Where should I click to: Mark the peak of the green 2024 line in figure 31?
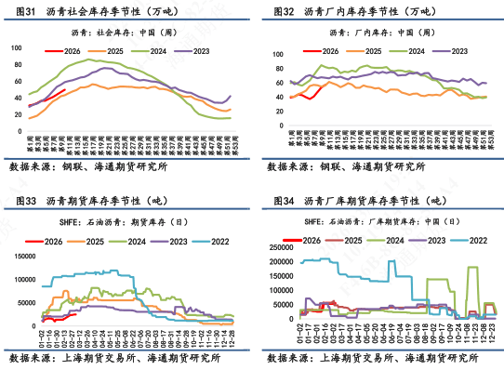pyautogui.click(x=89, y=60)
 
